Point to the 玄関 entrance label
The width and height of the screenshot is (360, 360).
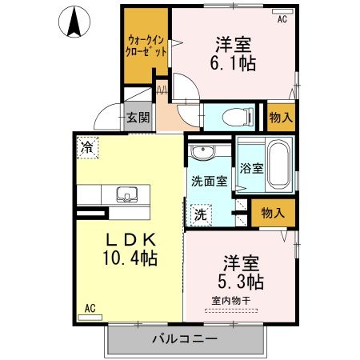(138, 118)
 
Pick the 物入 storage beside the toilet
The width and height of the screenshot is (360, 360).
(280, 117)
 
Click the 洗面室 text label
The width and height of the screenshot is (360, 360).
(207, 181)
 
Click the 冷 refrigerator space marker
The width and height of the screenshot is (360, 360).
(87, 148)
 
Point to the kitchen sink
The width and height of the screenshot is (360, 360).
(126, 194)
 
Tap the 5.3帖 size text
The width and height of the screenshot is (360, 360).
(239, 282)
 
